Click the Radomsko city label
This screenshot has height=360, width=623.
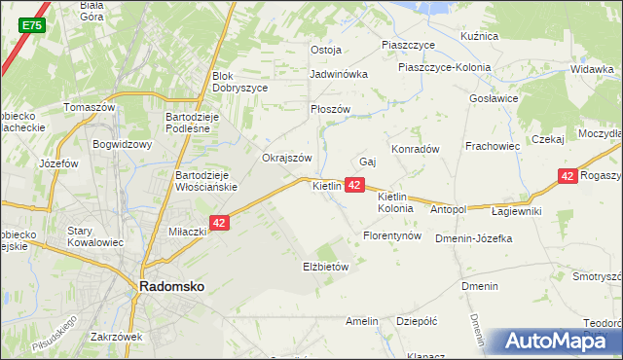pos(170,287)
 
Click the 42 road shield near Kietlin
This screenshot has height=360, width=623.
pos(354,185)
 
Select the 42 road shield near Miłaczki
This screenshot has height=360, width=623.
pos(219,223)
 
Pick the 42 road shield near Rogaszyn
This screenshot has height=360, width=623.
pos(568,176)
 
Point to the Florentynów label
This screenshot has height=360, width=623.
pos(391,236)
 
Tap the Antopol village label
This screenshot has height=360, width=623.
pos(449,209)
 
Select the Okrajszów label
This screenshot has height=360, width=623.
pos(286,158)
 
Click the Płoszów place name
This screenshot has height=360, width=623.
pos(329,110)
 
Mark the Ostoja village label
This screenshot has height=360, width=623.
pos(325,50)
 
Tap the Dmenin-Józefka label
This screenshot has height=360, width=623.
pos(474,237)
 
